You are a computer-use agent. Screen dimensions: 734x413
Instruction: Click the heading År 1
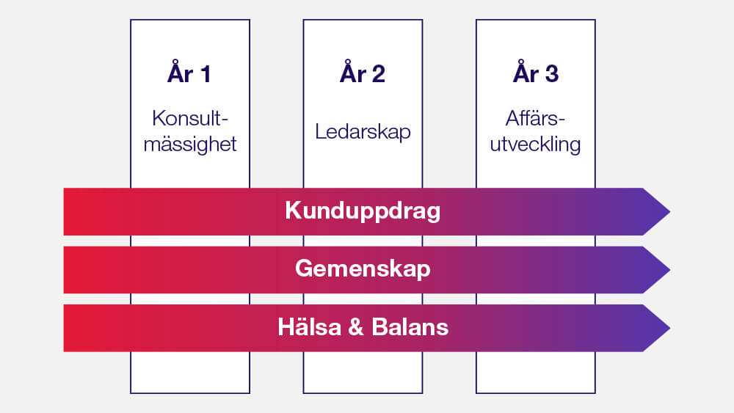click(189, 72)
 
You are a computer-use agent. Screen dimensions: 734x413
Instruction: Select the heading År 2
click(363, 72)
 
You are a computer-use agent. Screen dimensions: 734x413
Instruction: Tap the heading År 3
click(536, 72)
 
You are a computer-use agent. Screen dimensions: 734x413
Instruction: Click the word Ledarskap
click(363, 131)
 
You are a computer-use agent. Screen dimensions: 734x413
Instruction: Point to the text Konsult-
click(190, 118)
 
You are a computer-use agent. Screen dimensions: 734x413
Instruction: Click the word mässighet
click(190, 145)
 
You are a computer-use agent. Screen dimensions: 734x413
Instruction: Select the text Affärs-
click(536, 118)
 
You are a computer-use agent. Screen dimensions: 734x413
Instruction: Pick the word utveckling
click(536, 145)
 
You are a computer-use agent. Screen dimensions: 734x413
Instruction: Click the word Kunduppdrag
click(363, 211)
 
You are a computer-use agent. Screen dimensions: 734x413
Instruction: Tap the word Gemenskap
click(363, 269)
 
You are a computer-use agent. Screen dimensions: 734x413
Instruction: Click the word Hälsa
click(310, 326)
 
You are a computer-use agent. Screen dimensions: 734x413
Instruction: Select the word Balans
click(410, 327)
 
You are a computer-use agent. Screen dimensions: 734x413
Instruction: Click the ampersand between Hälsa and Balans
click(356, 327)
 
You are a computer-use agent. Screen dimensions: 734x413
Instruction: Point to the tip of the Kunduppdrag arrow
click(669, 211)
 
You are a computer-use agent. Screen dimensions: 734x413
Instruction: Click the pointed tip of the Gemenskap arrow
click(669, 270)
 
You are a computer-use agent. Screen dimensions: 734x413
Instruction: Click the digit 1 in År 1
click(206, 74)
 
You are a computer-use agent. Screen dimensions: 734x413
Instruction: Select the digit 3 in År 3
click(552, 74)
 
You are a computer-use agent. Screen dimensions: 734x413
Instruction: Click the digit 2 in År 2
click(378, 74)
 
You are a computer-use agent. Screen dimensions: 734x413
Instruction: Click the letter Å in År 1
click(175, 72)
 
